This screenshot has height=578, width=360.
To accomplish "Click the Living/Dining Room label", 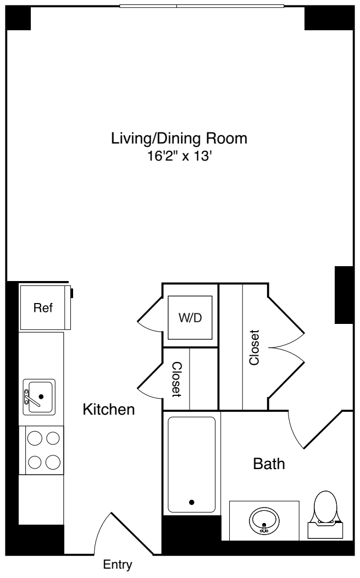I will [179, 138].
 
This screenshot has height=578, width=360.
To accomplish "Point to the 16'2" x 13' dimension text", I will [179, 156].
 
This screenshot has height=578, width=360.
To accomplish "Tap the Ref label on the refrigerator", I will [43, 308].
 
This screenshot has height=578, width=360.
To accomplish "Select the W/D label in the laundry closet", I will [190, 319].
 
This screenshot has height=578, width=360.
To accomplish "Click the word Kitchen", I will [108, 410].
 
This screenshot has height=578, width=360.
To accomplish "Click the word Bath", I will [269, 464].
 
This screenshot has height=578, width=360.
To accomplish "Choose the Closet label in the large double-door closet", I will [254, 348].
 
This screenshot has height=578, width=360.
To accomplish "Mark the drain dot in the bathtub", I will [191, 502].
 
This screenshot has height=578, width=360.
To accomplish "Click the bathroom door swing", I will [308, 434].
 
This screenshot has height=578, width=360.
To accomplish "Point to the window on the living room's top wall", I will [202, 7].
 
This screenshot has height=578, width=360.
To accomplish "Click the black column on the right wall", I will [344, 295].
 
